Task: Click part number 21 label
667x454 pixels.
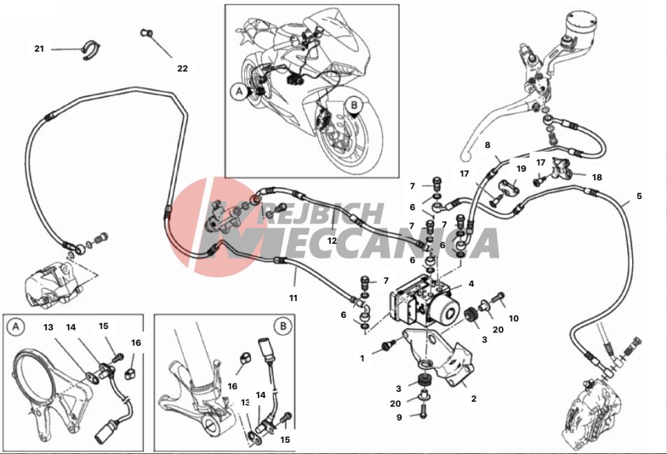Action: point(39,49)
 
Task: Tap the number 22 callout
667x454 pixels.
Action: point(182,68)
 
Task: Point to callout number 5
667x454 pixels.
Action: point(638,196)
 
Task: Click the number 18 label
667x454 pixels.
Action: point(596,177)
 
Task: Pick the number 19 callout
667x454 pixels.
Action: point(521,169)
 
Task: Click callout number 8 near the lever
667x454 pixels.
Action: point(487,145)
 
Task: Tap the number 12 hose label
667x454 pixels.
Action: point(333,240)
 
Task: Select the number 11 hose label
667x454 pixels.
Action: point(294,298)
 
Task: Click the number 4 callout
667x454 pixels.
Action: point(471,284)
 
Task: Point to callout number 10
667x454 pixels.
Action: point(514,318)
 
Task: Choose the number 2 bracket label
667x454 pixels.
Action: point(473,399)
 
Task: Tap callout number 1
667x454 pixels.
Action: point(362,358)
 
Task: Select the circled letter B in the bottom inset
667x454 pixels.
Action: point(282,325)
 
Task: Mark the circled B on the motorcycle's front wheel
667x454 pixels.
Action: point(354,105)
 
